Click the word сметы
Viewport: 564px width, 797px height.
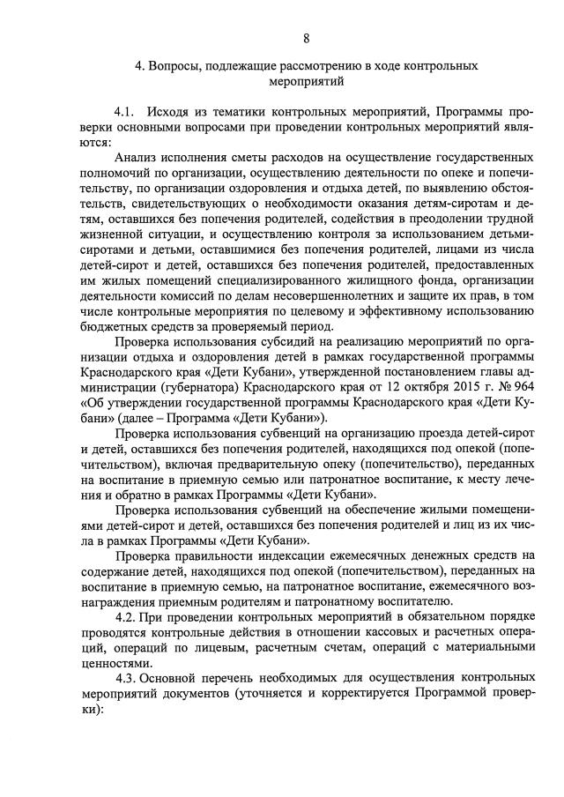click(244, 156)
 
